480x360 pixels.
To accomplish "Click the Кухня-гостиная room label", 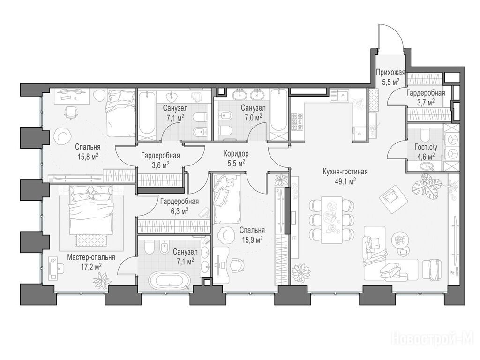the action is coord(345,172).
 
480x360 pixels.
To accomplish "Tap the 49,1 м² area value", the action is coord(345,181).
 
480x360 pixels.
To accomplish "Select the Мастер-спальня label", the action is coord(91,257).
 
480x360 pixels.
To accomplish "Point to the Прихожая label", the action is coord(390,73).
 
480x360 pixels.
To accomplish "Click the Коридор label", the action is coord(236,153).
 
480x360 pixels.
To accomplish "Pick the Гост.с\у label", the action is coord(426,147).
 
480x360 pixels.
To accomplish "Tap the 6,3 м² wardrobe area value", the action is coord(180,211).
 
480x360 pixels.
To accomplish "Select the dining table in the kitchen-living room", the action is coord(332,219).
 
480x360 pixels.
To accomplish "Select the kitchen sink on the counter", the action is coord(342,96).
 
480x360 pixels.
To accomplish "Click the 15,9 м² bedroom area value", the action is coord(252,240).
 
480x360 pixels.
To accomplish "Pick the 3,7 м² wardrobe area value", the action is coord(426,102).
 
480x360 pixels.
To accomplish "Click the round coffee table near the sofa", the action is coord(400,238).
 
